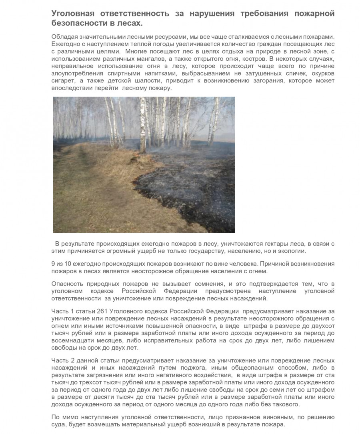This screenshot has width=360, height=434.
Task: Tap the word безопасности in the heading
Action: pos(76,24)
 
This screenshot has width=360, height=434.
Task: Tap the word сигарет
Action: pos(62,81)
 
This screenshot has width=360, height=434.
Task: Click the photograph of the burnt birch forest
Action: pos(144,164)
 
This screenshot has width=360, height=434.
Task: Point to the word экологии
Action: pos(294,251)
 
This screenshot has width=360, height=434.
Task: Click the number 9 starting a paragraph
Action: pos(54,264)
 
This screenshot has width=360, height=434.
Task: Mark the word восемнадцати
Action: pos(70,341)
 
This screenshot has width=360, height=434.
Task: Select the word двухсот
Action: pos(323,326)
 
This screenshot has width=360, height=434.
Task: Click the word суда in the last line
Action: pos(59,424)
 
